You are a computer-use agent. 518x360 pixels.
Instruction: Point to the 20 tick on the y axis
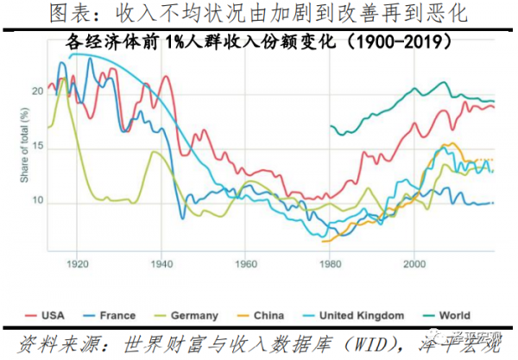pyautogui.click(x=35, y=91)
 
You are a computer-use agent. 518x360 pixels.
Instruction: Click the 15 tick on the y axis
pyautogui.click(x=35, y=148)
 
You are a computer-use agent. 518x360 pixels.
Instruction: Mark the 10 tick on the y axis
pyautogui.click(x=35, y=202)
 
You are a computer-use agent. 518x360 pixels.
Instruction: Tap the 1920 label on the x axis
pyautogui.click(x=77, y=262)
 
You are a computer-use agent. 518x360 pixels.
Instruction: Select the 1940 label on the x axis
pyautogui.click(x=161, y=262)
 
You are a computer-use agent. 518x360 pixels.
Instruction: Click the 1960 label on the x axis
pyautogui.click(x=245, y=262)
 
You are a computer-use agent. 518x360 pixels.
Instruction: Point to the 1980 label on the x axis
pyautogui.click(x=329, y=262)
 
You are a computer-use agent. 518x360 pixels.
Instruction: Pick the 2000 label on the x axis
pyautogui.click(x=414, y=262)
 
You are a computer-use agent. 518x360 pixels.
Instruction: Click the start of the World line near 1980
pyautogui.click(x=332, y=126)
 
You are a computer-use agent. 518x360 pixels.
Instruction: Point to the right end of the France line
pyautogui.click(x=493, y=203)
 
